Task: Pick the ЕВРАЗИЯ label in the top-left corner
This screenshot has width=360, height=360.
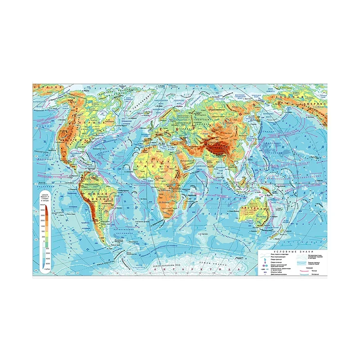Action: pos(43,86)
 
